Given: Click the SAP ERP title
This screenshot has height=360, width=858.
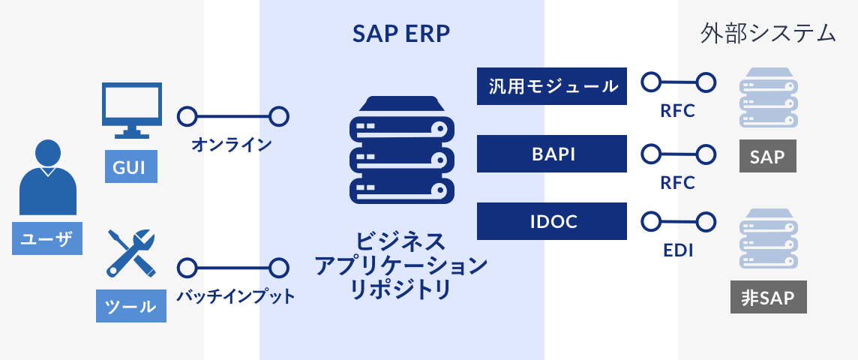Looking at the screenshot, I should click(x=400, y=34).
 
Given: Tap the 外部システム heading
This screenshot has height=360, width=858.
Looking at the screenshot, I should click(x=768, y=33).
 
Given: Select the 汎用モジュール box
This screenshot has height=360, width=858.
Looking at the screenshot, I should click(x=551, y=86).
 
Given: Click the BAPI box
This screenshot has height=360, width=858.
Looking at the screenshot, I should click(x=551, y=154).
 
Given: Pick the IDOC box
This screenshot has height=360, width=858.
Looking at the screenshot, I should click(x=551, y=221).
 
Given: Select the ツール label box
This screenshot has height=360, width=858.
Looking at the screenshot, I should click(x=131, y=305).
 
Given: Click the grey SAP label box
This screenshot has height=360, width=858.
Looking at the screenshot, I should click(x=767, y=157).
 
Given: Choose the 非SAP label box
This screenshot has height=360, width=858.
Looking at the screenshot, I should click(x=768, y=297).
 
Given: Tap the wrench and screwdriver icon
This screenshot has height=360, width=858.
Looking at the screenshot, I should click(x=131, y=253).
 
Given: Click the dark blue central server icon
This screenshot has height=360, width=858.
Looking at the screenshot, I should click(x=401, y=150).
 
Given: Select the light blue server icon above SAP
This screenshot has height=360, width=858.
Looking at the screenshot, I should click(x=767, y=98).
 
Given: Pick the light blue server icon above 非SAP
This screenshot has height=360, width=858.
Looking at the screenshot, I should click(x=767, y=239).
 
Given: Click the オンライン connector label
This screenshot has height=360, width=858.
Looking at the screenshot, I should click(x=232, y=144).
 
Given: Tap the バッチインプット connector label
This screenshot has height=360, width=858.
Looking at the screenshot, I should click(x=235, y=296).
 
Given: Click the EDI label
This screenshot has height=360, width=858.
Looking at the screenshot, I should click(x=677, y=250).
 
